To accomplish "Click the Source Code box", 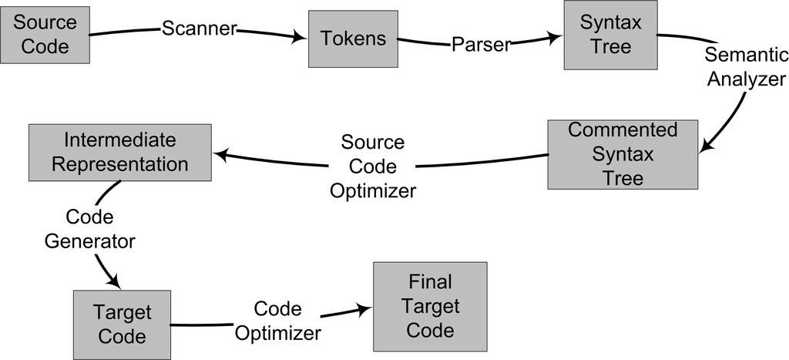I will tap(45, 34).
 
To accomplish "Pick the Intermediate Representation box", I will tap(120, 152).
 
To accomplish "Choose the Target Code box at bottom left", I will tap(121, 325).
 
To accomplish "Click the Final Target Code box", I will tap(430, 306).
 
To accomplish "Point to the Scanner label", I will tap(199, 30).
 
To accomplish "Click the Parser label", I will tap(481, 45).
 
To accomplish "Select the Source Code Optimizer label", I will tap(373, 167).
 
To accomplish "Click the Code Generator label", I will tap(90, 228).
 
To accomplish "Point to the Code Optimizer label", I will tap(277, 321).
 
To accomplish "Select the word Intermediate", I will tap(120, 140).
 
